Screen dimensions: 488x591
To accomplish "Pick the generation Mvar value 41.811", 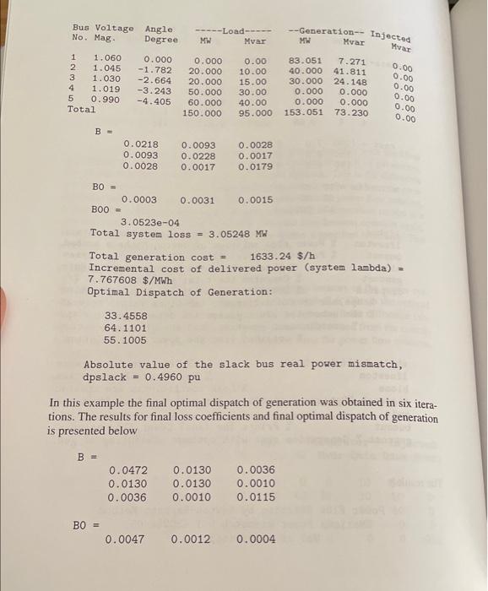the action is (x=349, y=73).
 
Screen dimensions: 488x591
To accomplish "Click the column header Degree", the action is (x=161, y=39).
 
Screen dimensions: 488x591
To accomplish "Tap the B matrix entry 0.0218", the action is (x=139, y=145).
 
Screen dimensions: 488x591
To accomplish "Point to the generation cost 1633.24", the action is (x=273, y=257).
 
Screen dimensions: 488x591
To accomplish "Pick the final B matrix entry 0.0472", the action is (x=127, y=471).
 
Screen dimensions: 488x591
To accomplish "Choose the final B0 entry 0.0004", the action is (x=257, y=538).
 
